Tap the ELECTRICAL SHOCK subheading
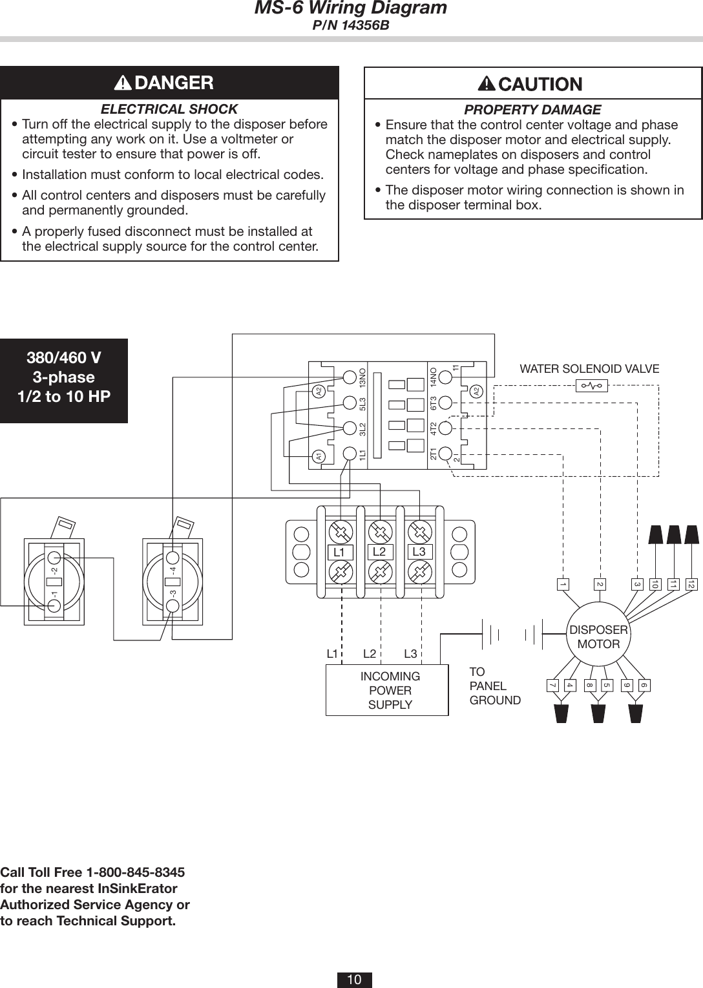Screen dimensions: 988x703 (x=169, y=109)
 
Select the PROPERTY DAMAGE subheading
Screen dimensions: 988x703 (x=533, y=110)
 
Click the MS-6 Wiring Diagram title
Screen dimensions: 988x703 (x=351, y=8)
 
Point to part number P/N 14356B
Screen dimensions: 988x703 (x=351, y=26)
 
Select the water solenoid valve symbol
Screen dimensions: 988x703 (x=591, y=386)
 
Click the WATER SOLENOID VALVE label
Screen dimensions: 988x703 (x=589, y=369)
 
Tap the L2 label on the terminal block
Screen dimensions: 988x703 (x=379, y=552)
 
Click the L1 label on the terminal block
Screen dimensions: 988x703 (x=339, y=552)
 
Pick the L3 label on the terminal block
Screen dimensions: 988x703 (x=419, y=552)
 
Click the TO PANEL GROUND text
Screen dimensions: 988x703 (x=494, y=686)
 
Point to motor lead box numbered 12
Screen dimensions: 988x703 (x=691, y=584)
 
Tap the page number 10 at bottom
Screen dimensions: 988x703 (x=354, y=980)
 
